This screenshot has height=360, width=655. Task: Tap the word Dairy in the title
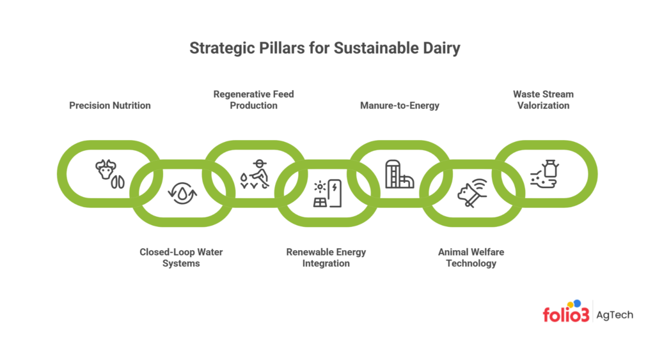coord(441,49)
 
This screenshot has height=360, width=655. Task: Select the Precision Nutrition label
coord(110,106)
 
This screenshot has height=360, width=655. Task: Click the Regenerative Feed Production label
coord(254,100)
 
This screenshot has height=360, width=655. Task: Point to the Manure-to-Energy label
coord(399,106)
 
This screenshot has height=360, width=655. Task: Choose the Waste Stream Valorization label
coord(543,100)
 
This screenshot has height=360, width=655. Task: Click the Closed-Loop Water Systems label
coord(181,258)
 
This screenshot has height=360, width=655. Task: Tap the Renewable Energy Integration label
coord(326,258)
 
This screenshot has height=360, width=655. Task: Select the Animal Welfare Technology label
coord(471,258)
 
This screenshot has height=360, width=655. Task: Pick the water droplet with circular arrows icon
coord(182,193)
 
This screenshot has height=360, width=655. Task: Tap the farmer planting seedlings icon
coord(254,174)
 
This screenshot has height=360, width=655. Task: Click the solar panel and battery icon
coord(327,193)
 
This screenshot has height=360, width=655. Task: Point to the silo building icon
coord(399,174)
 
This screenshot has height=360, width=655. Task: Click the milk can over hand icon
coord(544,174)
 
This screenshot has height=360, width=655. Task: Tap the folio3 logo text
coord(565,315)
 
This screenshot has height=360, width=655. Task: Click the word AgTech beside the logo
coord(615,315)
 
